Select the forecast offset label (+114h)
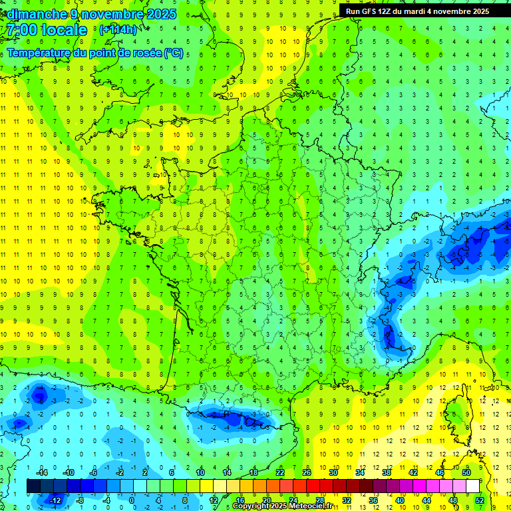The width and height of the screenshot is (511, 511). click(118, 29)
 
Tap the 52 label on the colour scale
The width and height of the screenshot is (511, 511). click(479, 500)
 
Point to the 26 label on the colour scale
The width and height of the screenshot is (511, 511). click(307, 472)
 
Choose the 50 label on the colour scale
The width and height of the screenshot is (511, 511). click(466, 472)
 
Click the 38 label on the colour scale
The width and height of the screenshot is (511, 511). click(387, 472)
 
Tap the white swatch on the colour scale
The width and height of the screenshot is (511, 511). click(472, 486)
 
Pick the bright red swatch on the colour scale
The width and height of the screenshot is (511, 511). click(313, 486)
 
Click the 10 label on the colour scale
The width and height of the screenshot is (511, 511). click(200, 472)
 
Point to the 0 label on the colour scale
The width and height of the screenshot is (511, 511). click(132, 500)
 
